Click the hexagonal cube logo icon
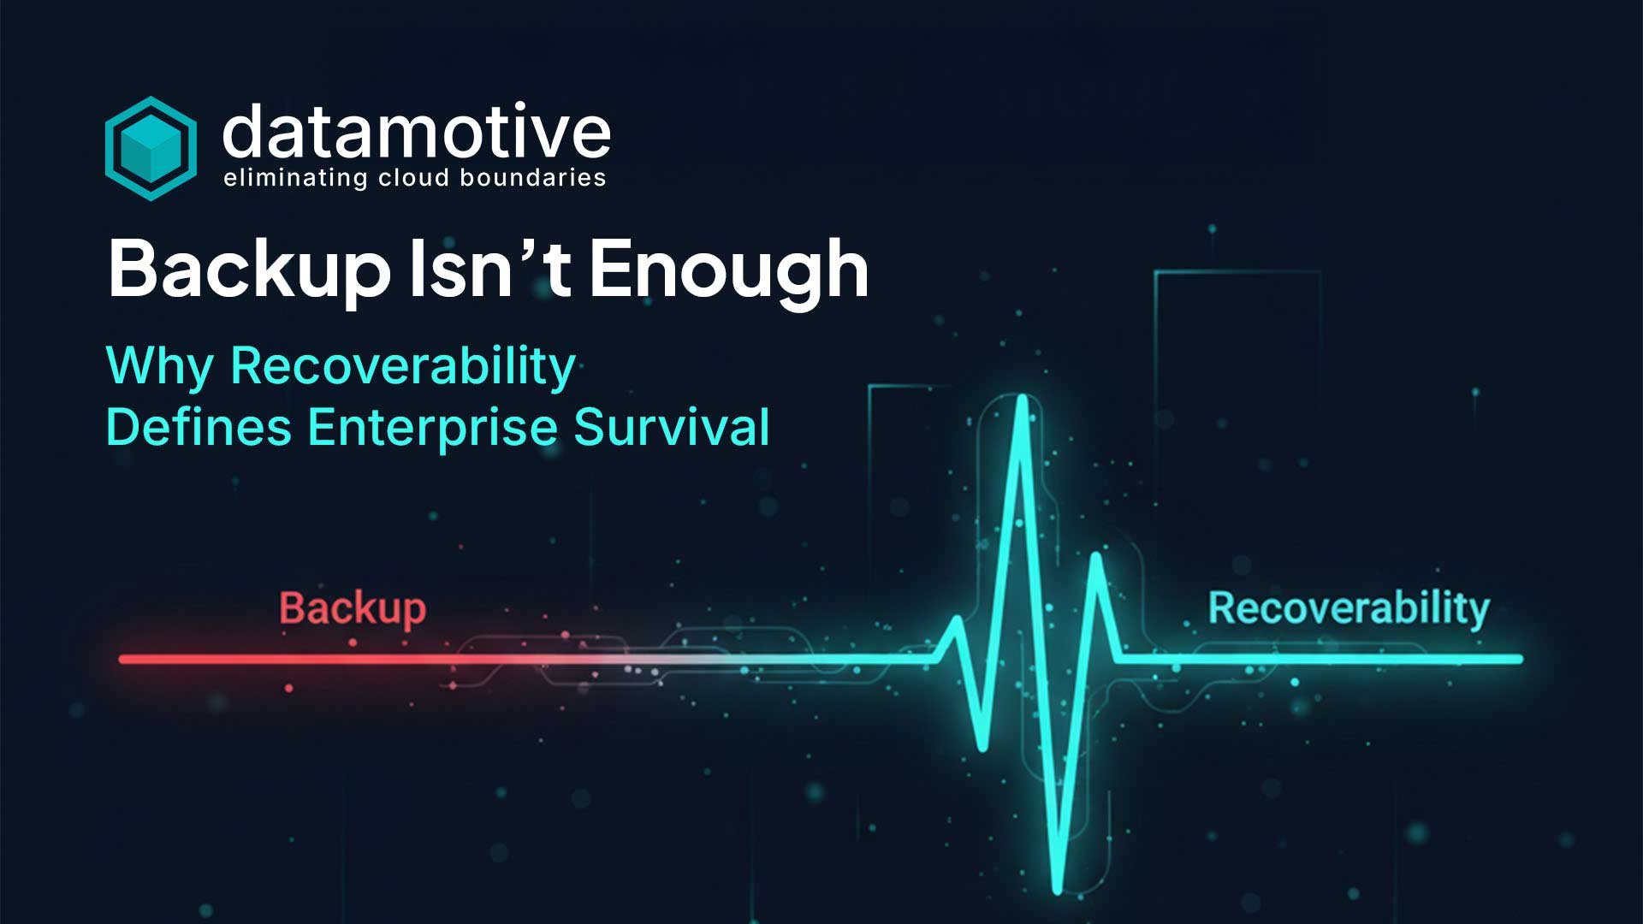(151, 148)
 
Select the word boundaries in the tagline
(532, 178)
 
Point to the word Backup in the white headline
(249, 269)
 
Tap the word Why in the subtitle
(159, 367)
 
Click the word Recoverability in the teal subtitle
(403, 367)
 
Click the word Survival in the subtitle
(672, 427)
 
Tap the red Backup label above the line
(353, 609)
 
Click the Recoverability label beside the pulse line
(1349, 608)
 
